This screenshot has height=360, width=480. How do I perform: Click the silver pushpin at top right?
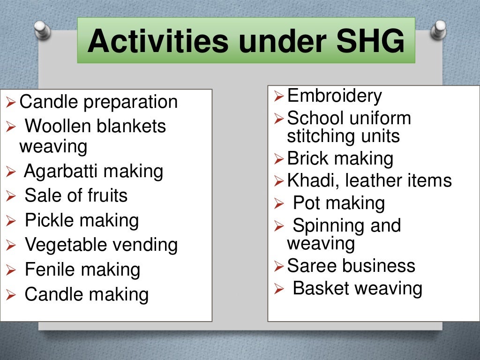(439, 30)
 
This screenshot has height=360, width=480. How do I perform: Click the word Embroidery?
(334, 96)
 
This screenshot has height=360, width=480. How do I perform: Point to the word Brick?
(307, 158)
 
